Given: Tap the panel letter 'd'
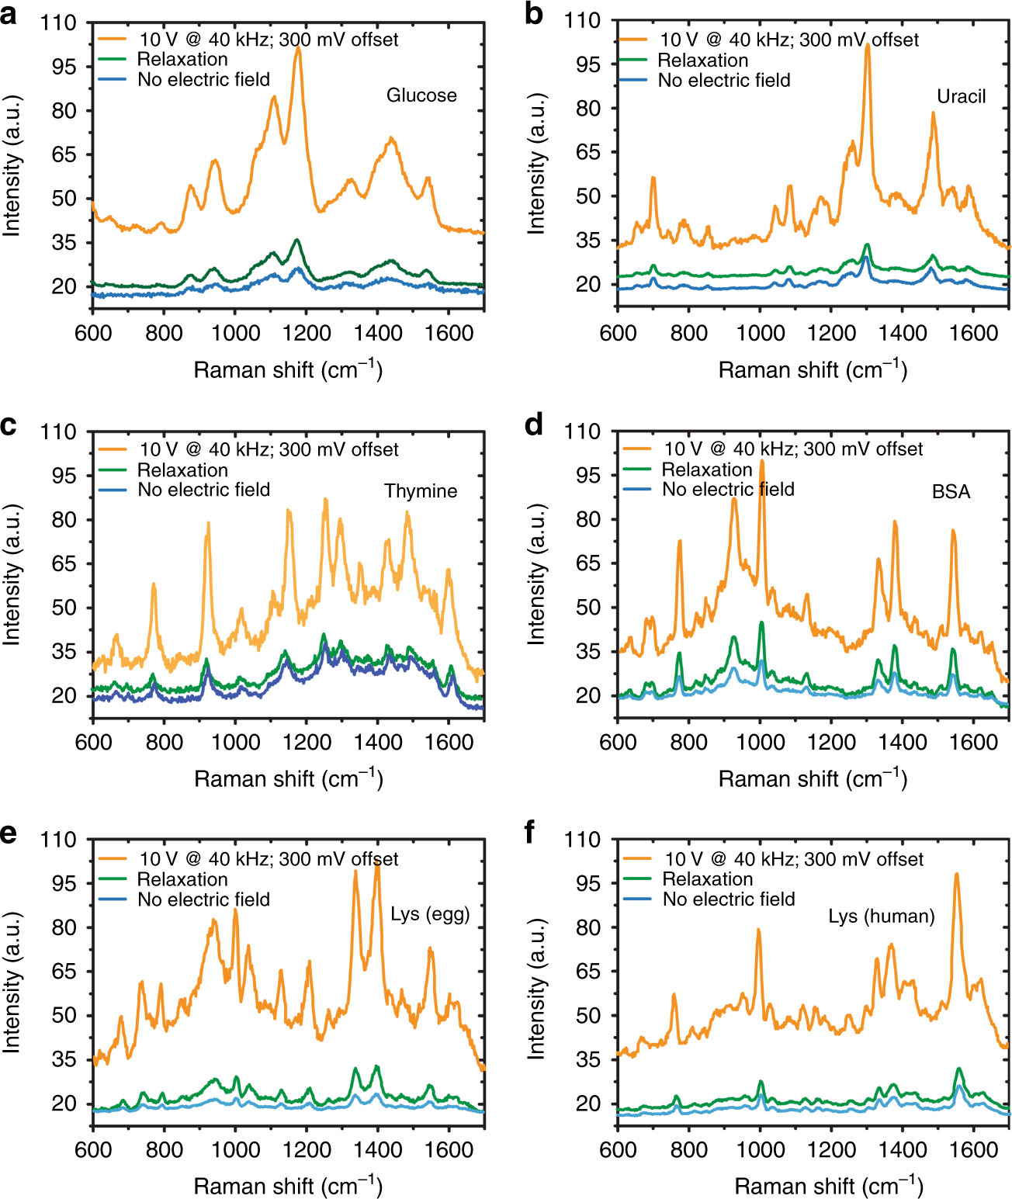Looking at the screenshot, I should (533, 425).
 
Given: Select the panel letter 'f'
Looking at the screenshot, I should (530, 832).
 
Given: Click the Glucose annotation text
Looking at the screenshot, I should (421, 95).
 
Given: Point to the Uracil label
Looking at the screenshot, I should (961, 96).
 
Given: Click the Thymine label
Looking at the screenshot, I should (421, 491).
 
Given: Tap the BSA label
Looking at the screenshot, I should (951, 492).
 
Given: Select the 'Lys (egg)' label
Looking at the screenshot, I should (430, 914).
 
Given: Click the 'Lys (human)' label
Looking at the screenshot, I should (881, 917).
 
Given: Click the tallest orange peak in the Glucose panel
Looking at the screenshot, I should (298, 49).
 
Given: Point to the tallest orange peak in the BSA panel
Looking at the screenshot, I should (762, 463).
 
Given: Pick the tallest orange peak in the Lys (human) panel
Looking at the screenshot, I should (957, 875).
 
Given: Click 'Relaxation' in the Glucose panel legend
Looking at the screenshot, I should (182, 60).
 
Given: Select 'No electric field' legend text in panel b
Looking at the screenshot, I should (724, 81).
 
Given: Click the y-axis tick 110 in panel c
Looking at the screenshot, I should (59, 431).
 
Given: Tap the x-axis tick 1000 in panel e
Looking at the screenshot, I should (235, 1149).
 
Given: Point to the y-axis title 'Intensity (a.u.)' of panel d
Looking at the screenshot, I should (536, 574).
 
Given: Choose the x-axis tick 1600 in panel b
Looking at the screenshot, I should (973, 333).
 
